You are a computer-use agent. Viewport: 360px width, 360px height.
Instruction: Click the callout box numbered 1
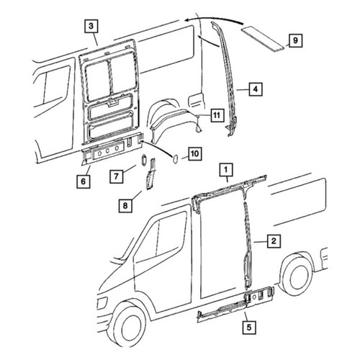coord(226,170)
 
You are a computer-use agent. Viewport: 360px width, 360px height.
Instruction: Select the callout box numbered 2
coord(274,241)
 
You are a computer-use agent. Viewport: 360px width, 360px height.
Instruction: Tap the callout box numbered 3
coord(91,26)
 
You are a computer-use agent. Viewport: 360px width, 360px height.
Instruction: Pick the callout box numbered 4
coord(256,89)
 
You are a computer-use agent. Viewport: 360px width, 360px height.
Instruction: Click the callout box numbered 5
coord(249,328)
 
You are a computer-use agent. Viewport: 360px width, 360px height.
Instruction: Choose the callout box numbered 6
coord(84,181)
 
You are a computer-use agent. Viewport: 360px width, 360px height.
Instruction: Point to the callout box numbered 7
coord(117,176)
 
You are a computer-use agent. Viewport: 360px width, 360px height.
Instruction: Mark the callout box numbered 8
coord(125,206)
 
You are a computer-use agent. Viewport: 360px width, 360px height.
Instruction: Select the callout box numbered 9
coord(295,40)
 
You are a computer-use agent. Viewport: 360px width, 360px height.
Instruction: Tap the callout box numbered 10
coord(194,154)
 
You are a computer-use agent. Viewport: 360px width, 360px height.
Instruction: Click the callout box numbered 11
coord(217,115)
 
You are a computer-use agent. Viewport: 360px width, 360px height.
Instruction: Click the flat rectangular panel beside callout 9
coord(264,39)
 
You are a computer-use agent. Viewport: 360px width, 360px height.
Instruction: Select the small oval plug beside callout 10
coord(175,158)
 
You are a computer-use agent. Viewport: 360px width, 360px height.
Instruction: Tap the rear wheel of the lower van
coord(299,275)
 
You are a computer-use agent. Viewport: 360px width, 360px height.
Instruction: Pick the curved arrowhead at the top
coord(189,19)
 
